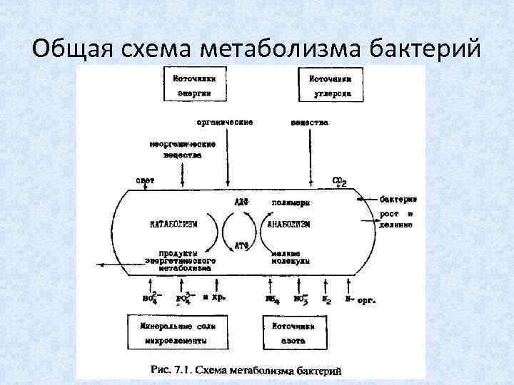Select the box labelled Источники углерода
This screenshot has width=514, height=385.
(328, 86)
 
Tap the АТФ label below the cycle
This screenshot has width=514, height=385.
(241, 246)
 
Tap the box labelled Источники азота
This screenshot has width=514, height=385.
(294, 333)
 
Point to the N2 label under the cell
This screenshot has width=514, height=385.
(327, 300)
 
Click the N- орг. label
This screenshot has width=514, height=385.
(361, 300)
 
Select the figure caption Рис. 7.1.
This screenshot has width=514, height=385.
(246, 370)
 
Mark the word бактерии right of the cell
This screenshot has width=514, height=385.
(398, 198)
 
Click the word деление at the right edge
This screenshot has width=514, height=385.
(396, 225)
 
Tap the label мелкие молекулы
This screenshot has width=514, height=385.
(290, 257)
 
